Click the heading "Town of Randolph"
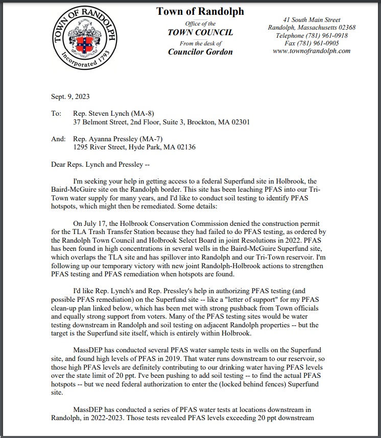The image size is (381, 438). [x=200, y=12]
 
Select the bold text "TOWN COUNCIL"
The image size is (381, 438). [x=200, y=33]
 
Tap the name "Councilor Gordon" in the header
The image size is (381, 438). [x=200, y=52]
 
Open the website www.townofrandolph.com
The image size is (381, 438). [x=312, y=51]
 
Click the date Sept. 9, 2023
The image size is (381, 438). [x=70, y=97]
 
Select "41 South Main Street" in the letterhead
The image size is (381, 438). [x=312, y=19]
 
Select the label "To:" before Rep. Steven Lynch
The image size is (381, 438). [x=56, y=114]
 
